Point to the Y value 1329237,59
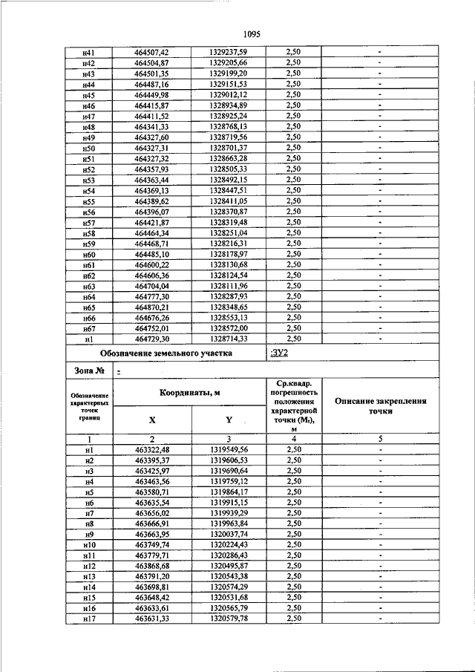click(228, 53)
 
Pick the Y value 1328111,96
click(228, 286)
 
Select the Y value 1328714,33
click(228, 339)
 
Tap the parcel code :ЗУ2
click(281, 353)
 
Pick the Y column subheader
click(229, 420)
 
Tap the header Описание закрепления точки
click(379, 405)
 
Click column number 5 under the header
click(379, 440)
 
